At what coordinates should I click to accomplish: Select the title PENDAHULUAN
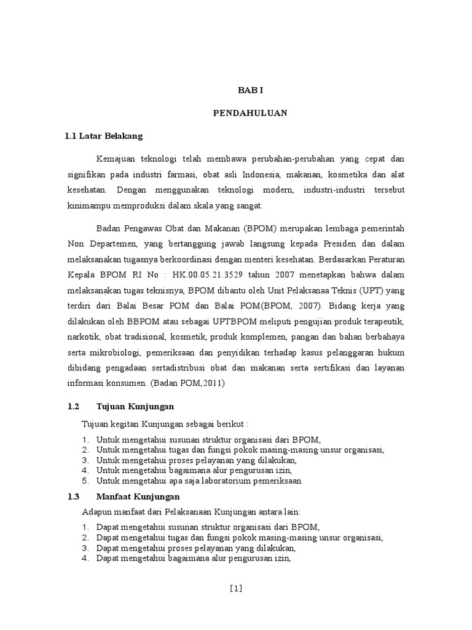[x=250, y=113]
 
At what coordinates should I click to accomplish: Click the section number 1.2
[x=74, y=407]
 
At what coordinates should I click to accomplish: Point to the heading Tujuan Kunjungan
[x=136, y=407]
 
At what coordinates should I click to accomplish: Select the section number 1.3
[x=74, y=496]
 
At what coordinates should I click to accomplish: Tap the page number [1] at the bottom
[x=236, y=588]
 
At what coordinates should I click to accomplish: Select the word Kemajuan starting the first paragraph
[x=116, y=159]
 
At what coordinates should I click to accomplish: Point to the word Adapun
[x=95, y=511]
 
